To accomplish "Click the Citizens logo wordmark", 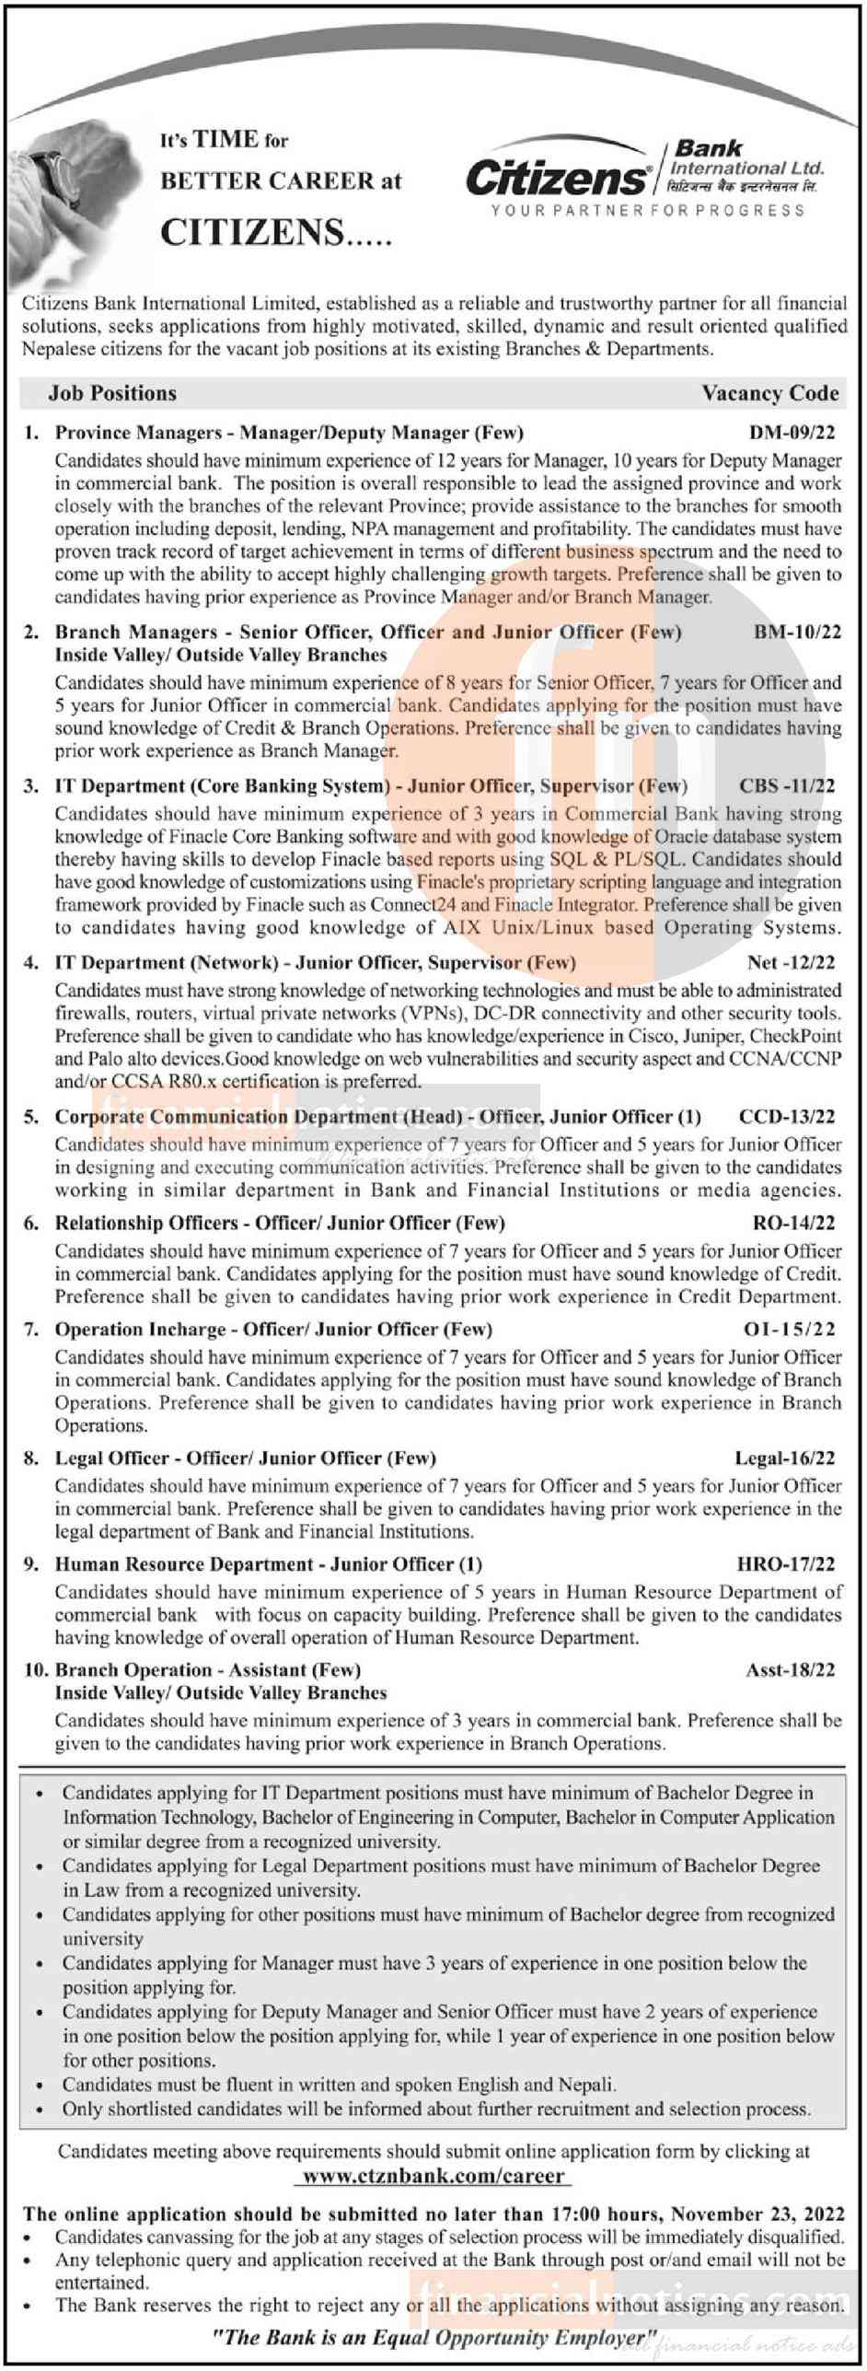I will point(557,177).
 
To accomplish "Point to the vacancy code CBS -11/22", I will point(787,785).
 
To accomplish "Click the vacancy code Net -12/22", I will point(791,962).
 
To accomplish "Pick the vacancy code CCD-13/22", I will point(787,1117).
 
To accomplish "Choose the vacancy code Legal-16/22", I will point(784,1458).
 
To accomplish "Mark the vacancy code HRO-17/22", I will point(786,1563).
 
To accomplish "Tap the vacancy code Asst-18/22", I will point(790,1669).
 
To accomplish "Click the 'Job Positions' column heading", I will point(112,393).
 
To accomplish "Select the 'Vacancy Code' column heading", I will point(769,393).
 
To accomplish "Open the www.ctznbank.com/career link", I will point(433,2176).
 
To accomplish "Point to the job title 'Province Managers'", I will point(138,432).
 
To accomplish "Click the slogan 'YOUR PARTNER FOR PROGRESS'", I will point(648,211).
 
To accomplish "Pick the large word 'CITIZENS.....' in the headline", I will point(276,232).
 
